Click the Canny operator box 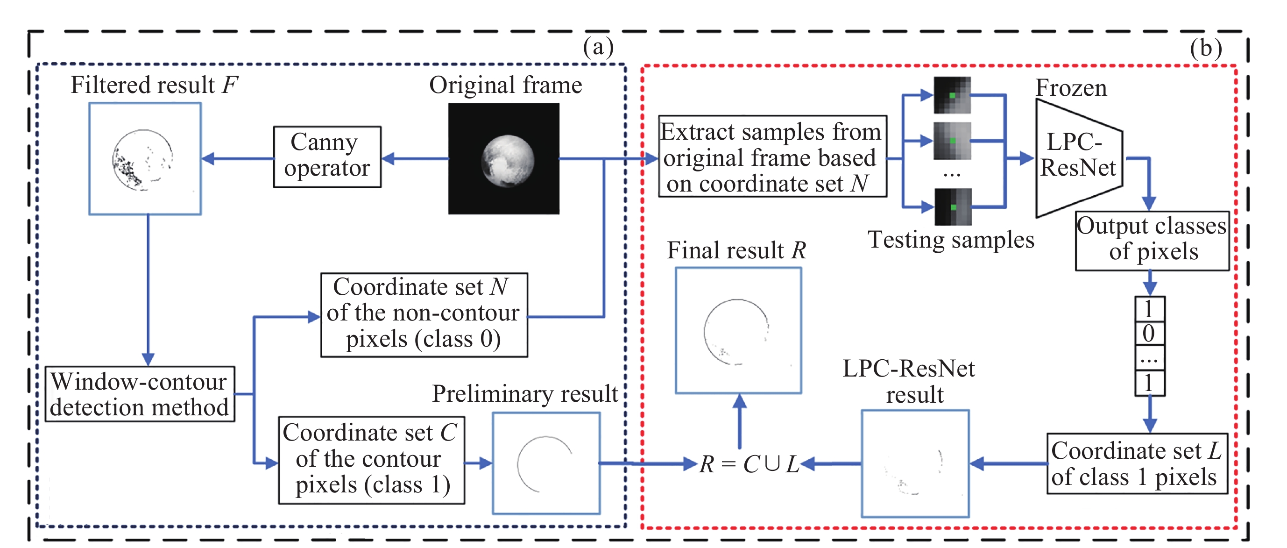pyautogui.click(x=327, y=157)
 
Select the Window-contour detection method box pyautogui.click(x=140, y=394)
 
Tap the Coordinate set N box pyautogui.click(x=424, y=314)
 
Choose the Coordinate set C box pyautogui.click(x=371, y=460)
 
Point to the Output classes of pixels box pyautogui.click(x=1152, y=241)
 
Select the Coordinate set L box pyautogui.click(x=1137, y=463)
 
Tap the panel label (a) pyautogui.click(x=598, y=48)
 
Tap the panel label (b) pyautogui.click(x=1206, y=49)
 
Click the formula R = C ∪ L pyautogui.click(x=750, y=464)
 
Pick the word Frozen pyautogui.click(x=1071, y=88)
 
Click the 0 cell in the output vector pyautogui.click(x=1149, y=334)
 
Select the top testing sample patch pyautogui.click(x=952, y=95)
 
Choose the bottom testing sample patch pyautogui.click(x=953, y=206)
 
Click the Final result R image pyautogui.click(x=738, y=330)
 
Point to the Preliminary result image pyautogui.click(x=546, y=463)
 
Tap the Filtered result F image pyautogui.click(x=145, y=159)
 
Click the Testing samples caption pyautogui.click(x=951, y=240)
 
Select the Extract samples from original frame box pyautogui.click(x=772, y=157)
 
